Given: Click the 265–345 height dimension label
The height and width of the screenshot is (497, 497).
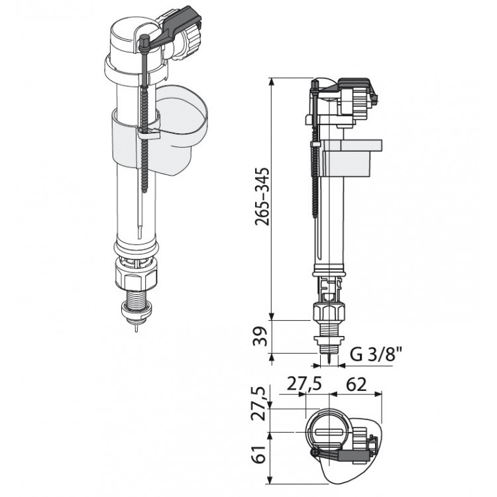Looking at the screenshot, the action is coord(263,197).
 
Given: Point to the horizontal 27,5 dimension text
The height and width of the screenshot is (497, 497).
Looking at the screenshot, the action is coord(304,384).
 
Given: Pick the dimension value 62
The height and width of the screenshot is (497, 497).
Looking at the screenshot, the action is coord(357,384).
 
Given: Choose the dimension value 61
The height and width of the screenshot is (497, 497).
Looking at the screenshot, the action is coord(260,455).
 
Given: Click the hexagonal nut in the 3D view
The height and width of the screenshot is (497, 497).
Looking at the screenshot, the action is coord(136,279).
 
